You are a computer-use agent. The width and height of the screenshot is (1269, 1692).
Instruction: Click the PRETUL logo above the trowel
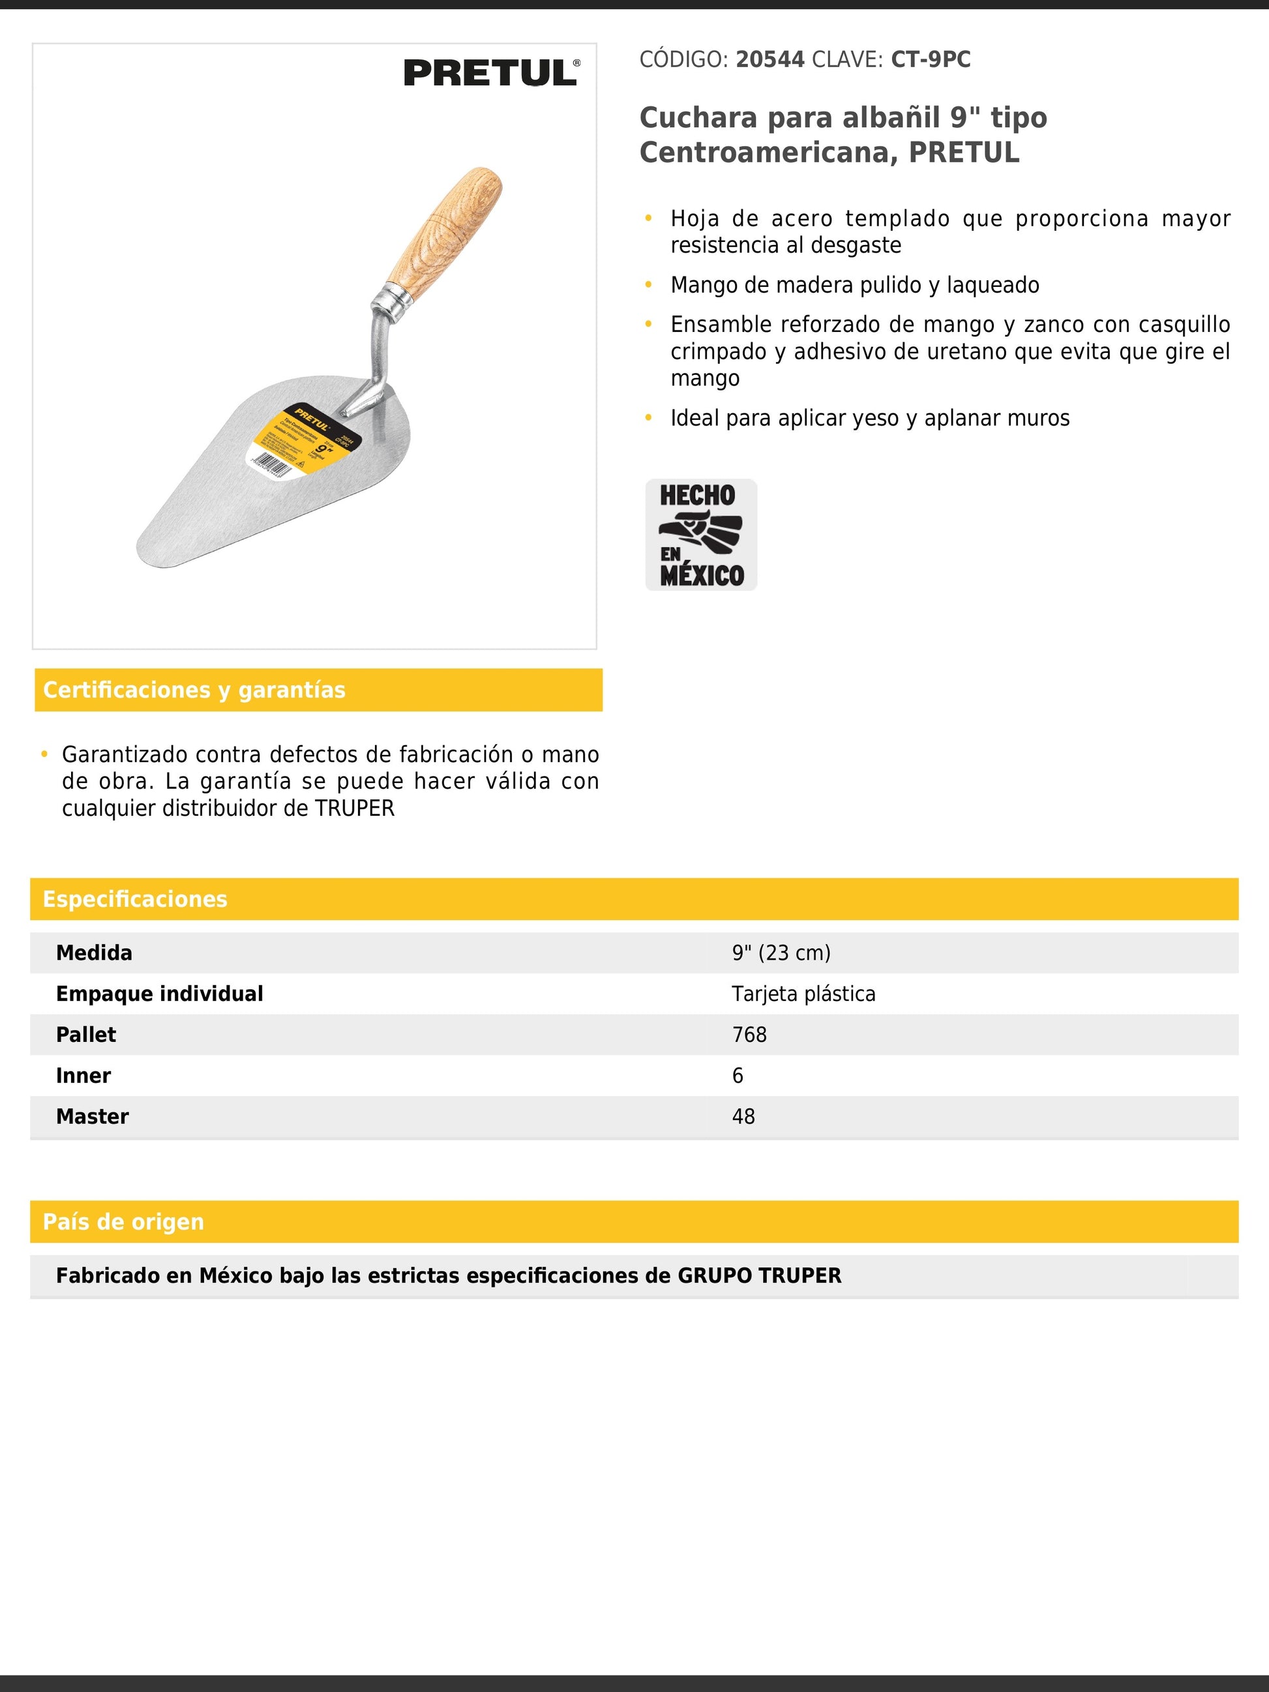pos(491,74)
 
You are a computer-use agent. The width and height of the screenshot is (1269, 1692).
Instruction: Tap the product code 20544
pos(769,60)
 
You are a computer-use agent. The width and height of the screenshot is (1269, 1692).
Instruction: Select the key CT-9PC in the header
pos(930,60)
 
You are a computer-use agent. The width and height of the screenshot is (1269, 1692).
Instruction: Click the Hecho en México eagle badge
pos(700,535)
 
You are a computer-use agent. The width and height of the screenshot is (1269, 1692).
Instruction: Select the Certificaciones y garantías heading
pos(194,690)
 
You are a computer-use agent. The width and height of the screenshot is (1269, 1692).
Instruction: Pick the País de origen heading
pos(123,1222)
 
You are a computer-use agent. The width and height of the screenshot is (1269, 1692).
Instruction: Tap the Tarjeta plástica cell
pos(803,994)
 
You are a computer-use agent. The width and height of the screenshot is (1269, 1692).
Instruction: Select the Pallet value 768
pos(749,1035)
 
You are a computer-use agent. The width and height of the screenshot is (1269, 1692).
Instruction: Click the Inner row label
pos(83,1075)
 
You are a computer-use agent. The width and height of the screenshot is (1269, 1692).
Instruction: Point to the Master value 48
pos(743,1117)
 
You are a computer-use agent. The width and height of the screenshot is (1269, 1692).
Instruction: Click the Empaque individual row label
pos(159,994)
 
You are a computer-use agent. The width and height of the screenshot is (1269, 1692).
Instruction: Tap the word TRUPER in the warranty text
pos(354,809)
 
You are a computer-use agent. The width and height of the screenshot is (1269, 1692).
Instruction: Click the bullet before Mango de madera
pos(649,284)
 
